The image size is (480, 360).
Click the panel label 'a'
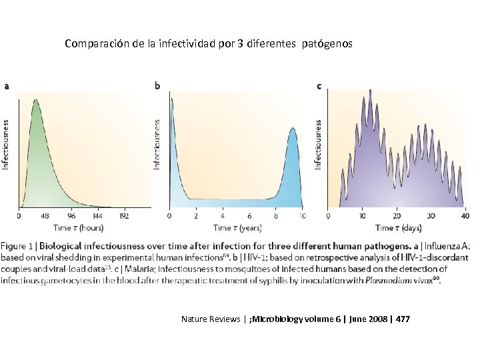coord(7,85)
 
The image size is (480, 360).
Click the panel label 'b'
coord(157,85)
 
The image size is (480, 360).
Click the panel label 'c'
coord(319,85)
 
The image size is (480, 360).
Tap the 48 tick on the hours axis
coord(45,216)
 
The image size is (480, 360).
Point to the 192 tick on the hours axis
coord(123,216)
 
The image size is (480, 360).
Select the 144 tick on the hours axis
coord(97,216)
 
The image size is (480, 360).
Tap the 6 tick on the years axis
coord(249,216)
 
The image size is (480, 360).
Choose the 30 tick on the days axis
coord(431,216)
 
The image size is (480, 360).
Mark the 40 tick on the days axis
coord(465,216)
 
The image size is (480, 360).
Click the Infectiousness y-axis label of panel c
coord(318,143)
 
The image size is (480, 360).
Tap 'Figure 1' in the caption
coord(18,246)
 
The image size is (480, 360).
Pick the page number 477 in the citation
coord(403,319)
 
